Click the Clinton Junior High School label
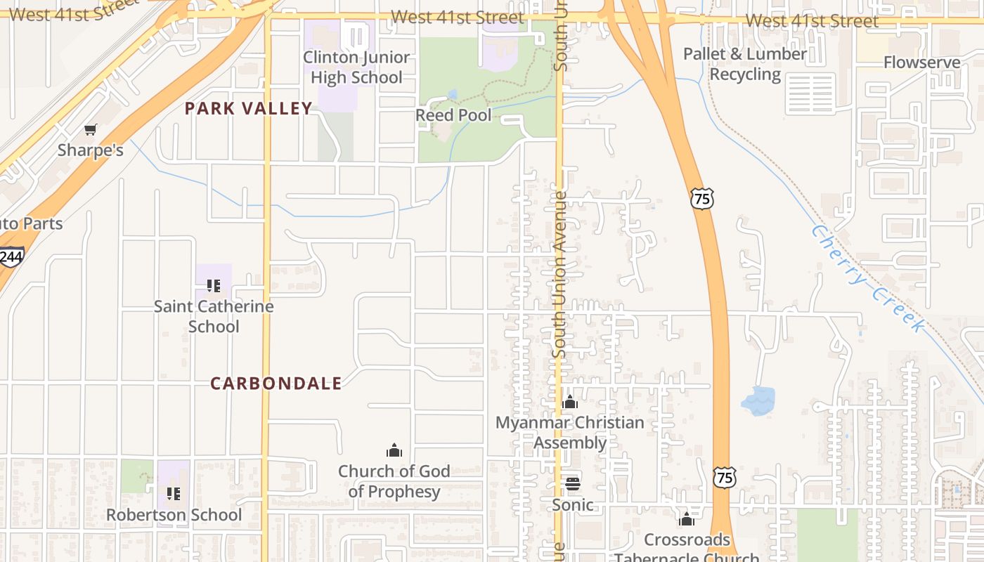point(356,67)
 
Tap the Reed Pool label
point(453,115)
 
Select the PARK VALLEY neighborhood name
point(248,108)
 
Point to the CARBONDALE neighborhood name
point(276,384)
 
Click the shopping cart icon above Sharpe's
point(90,130)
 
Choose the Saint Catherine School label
point(214,316)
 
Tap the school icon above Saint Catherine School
point(214,286)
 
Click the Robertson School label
point(174,515)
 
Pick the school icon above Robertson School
point(174,494)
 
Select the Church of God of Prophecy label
point(394,481)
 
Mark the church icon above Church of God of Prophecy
point(394,450)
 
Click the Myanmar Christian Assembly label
point(570,433)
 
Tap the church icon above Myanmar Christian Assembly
point(570,403)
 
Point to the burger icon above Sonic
point(573,483)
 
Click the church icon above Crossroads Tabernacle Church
point(687,519)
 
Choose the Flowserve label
point(921,63)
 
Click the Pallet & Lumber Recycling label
point(745,64)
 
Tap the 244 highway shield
point(11,257)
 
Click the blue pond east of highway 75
point(758,400)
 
